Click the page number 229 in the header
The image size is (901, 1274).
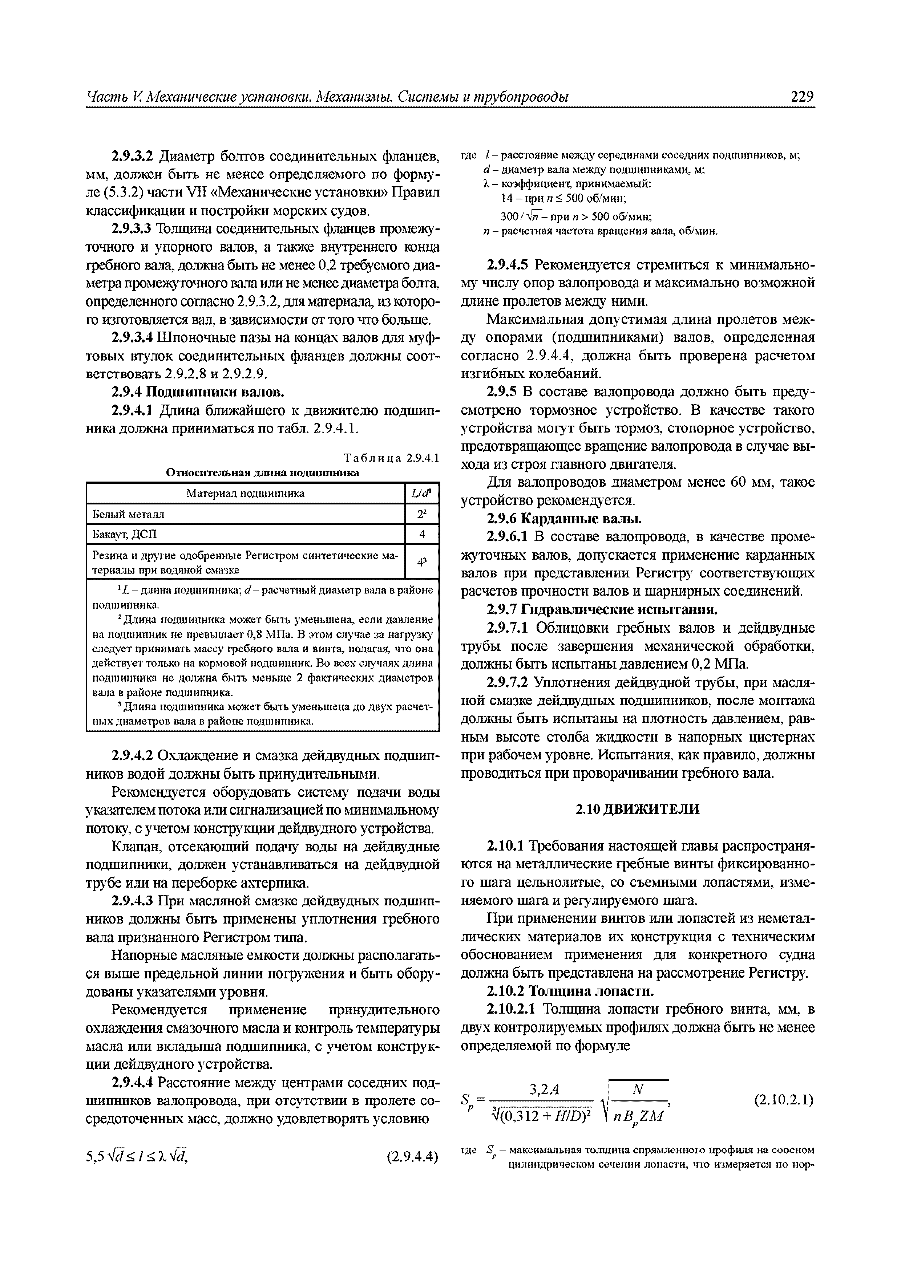(801, 97)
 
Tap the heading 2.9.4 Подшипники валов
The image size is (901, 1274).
(198, 392)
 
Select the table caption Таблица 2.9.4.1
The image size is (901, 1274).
(391, 458)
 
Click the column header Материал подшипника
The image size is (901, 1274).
(245, 493)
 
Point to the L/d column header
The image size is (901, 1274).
(421, 493)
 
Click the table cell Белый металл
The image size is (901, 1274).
(128, 514)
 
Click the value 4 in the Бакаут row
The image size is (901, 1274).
(421, 534)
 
